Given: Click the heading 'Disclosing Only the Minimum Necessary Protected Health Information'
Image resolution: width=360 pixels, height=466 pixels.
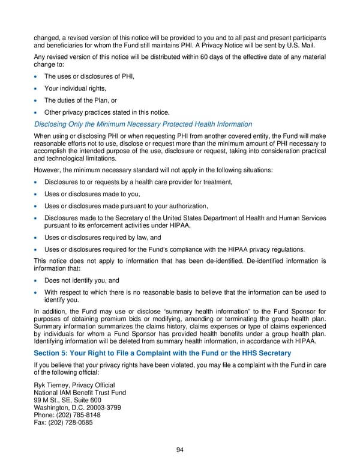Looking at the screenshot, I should [143, 124].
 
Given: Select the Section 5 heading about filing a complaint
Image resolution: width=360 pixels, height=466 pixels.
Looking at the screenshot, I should [162, 353].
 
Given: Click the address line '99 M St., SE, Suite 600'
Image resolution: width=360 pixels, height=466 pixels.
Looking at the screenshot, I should [67, 399].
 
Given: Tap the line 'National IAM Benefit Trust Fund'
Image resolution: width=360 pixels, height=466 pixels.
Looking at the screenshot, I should [80, 392].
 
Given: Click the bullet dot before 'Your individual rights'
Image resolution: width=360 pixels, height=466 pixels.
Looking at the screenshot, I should [37, 89].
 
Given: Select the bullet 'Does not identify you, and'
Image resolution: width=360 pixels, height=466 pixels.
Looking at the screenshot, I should [83, 280].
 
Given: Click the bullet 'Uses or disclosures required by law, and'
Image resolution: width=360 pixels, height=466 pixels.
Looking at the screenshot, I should [104, 238].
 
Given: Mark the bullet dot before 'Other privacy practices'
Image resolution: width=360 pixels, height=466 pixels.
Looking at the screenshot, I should [37, 112].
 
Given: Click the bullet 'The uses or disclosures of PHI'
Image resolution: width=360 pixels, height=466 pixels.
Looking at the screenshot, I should [89, 77].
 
